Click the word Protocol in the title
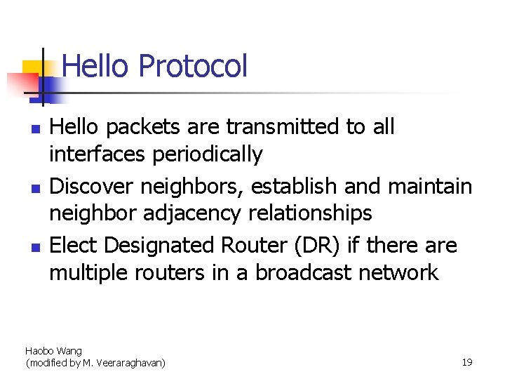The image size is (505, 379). coord(193,67)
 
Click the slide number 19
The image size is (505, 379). coord(467,362)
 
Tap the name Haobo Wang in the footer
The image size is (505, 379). coord(53,351)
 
